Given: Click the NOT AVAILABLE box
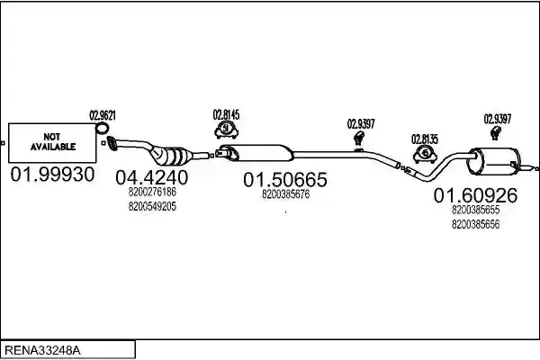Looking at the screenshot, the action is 52,142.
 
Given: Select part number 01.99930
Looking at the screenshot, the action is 52,175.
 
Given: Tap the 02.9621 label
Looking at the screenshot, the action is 103,115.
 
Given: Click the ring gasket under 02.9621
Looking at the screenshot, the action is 102,128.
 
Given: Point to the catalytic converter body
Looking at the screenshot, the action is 172,156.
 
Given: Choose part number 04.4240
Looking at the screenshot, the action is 152,178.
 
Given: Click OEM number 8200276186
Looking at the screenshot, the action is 152,192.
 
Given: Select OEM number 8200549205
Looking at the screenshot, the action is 152,206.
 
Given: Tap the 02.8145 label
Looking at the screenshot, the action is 226,114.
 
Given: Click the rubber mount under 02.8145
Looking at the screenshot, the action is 226,130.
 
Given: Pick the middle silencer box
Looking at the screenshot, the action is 258,153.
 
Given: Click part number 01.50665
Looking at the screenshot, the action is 285,179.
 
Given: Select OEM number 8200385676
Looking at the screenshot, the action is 286,194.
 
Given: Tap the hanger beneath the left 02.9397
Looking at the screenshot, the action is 359,138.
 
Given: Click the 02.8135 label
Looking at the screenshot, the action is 425,139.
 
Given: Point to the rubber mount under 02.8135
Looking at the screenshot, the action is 426,154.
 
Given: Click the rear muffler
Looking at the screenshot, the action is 493,161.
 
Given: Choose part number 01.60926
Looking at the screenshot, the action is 475,195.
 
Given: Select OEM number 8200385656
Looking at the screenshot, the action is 475,225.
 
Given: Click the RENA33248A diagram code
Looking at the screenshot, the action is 42,351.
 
